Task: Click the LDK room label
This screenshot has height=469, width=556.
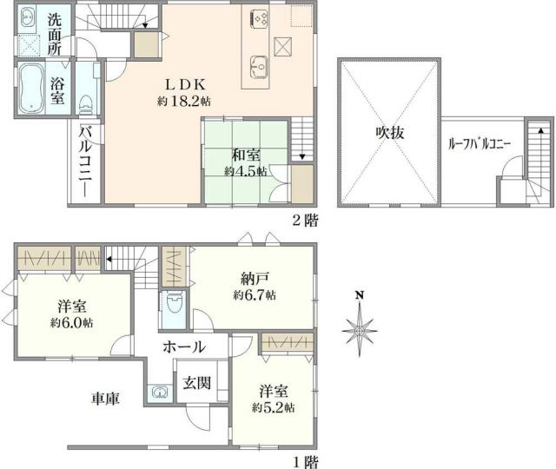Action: pos(183,84)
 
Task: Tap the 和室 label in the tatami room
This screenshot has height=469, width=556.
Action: pos(244,155)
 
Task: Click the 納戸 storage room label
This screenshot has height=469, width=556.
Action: pos(254,280)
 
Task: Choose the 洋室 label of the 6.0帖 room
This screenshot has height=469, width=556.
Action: pos(70,307)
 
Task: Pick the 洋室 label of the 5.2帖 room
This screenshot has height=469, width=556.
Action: pos(272,390)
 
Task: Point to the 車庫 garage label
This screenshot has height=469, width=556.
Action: pos(106,399)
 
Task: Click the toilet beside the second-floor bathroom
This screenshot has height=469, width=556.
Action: pos(86,104)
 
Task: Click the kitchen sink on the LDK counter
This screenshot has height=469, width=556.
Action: pos(258,63)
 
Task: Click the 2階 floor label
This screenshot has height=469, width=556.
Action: pos(301,220)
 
